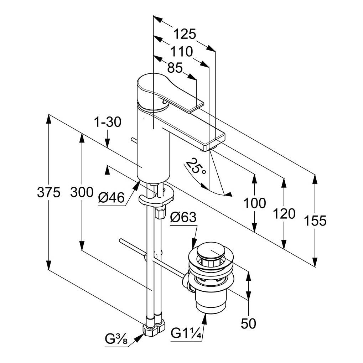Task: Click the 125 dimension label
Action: point(185,34)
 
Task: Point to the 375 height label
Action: point(49,193)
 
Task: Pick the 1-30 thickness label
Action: point(108,123)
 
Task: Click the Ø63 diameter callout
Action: point(183,217)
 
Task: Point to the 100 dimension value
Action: point(254,203)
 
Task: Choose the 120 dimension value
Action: point(284,214)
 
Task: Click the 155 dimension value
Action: point(315,221)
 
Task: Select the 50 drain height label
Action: point(248,323)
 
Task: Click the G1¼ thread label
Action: point(186,334)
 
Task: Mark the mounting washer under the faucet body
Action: point(157,196)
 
